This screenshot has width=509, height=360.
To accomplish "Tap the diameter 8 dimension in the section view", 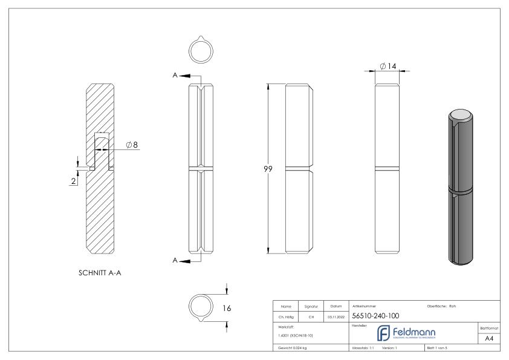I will [x=132, y=145].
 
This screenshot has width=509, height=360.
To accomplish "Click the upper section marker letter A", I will [x=175, y=76].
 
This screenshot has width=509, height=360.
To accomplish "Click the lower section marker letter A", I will [x=175, y=261].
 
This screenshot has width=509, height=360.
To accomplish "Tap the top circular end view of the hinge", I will [x=199, y=50].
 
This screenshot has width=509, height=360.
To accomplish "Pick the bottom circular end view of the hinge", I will [x=200, y=306].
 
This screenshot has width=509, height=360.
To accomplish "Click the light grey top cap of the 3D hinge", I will [x=461, y=114].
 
